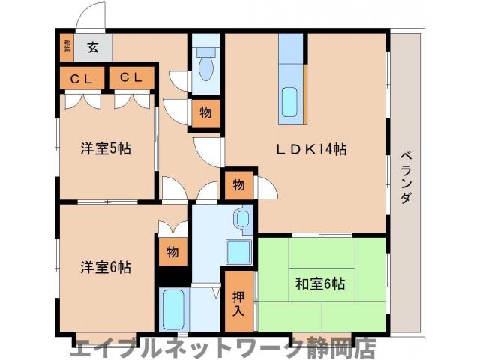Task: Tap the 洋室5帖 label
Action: [106, 148]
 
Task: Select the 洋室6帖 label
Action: [106, 266]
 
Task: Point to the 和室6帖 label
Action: [319, 284]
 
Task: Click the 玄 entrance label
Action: [92, 47]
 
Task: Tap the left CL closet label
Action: [82, 77]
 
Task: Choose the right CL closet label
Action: [131, 77]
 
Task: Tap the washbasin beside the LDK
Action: [243, 219]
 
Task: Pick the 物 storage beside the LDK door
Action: [238, 184]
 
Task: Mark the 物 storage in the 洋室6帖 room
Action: [172, 252]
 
